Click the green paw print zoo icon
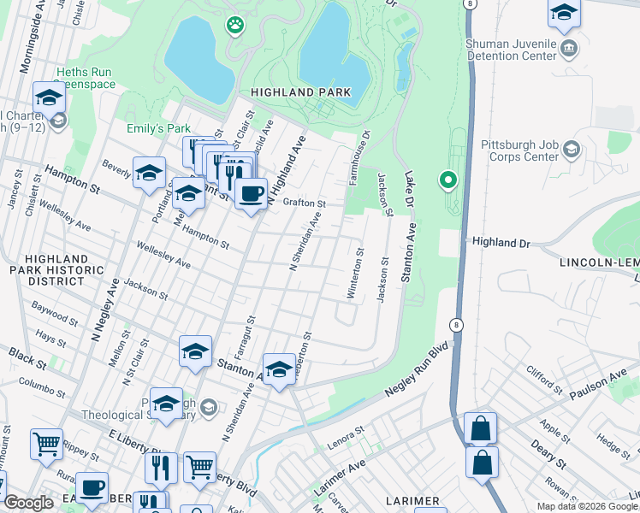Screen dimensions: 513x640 (234, 25)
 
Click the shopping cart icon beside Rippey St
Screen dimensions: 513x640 (46, 445)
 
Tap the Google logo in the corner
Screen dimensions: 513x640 (28, 503)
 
